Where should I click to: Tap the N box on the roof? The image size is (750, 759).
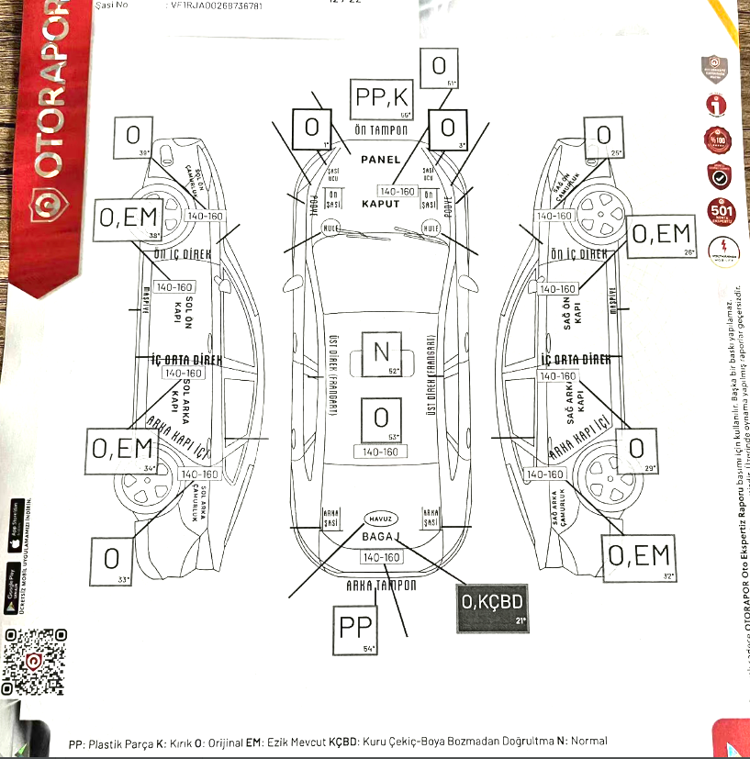coord(381,352)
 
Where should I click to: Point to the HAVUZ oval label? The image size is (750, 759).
coord(381,517)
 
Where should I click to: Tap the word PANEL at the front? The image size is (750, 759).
coord(381,160)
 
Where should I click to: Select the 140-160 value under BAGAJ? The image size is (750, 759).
coord(381,558)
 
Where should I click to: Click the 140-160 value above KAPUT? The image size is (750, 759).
coord(397,192)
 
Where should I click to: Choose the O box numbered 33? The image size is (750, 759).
coord(112,559)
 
